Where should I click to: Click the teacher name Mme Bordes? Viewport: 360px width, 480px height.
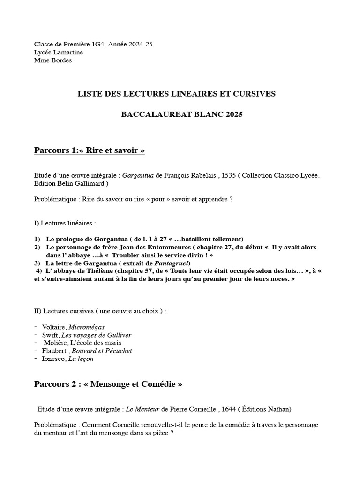click(x=53, y=60)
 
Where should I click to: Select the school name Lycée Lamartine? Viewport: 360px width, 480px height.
click(x=59, y=52)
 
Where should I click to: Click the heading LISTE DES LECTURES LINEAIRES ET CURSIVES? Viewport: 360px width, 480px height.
click(x=176, y=94)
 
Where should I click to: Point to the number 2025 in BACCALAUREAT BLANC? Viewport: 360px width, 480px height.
click(x=233, y=114)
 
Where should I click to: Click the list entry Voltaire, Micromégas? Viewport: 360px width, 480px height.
click(x=73, y=327)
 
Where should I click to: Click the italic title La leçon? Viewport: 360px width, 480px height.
click(x=81, y=359)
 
